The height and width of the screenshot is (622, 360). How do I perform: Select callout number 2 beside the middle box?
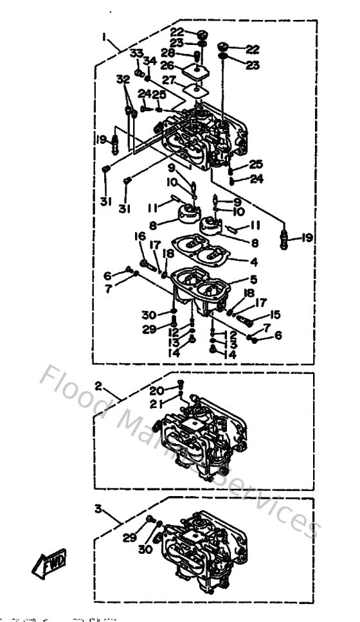pyautogui.click(x=98, y=387)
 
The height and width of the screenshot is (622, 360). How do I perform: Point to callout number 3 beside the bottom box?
pyautogui.click(x=98, y=508)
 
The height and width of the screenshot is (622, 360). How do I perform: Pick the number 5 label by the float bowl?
pyautogui.click(x=255, y=281)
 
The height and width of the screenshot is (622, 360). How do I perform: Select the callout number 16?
pyautogui.click(x=139, y=236)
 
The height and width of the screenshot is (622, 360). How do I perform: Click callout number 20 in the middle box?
pyautogui.click(x=156, y=390)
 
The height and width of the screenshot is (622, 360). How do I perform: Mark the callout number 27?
pyautogui.click(x=168, y=81)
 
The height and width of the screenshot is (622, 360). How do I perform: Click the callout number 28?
pyautogui.click(x=168, y=53)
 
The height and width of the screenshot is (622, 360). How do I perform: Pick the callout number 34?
pyautogui.click(x=150, y=60)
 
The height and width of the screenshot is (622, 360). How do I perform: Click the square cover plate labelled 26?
pyautogui.click(x=195, y=69)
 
